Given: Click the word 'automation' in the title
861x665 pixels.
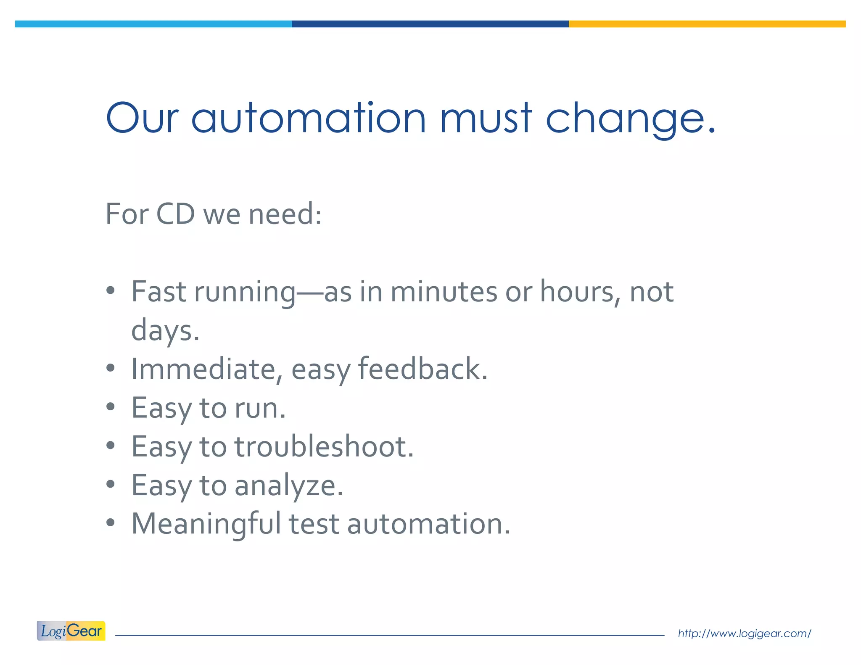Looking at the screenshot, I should (309, 119).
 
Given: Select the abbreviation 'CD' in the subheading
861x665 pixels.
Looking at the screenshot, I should (175, 214).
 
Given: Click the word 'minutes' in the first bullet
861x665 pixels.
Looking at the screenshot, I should (444, 292).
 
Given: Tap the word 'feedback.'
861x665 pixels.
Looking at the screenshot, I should (423, 369).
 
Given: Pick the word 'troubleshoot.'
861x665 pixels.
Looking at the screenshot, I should (324, 446).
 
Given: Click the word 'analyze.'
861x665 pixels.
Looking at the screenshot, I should (289, 486).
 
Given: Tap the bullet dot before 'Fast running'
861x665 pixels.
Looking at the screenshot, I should (111, 290).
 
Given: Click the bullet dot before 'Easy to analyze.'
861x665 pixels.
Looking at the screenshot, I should (111, 485).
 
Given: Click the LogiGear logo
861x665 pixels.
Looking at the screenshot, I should (71, 631).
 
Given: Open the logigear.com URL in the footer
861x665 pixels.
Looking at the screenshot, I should (744, 633).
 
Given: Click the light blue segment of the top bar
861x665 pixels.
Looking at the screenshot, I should (153, 24).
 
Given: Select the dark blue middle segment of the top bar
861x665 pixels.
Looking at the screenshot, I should (430, 24).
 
